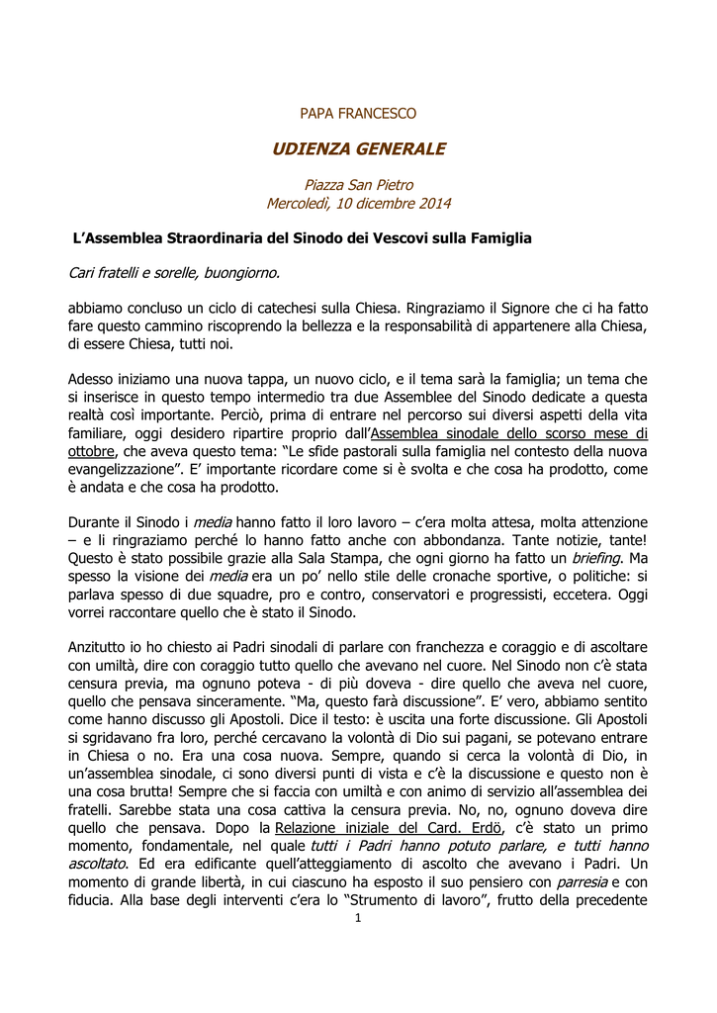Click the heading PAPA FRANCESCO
(358, 114)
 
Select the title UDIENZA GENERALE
(358, 149)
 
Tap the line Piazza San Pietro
(358, 185)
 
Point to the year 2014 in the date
(433, 204)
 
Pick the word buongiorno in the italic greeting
(244, 272)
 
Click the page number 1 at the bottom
(358, 919)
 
